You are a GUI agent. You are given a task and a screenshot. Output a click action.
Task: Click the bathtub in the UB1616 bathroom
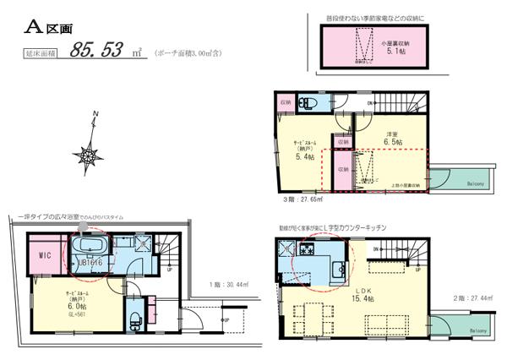(x=90, y=248)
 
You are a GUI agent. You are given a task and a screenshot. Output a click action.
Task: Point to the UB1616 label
(x=90, y=263)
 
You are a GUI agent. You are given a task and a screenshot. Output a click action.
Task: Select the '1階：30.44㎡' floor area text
(x=227, y=286)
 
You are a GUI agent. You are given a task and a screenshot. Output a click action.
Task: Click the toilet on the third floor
(x=310, y=103)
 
